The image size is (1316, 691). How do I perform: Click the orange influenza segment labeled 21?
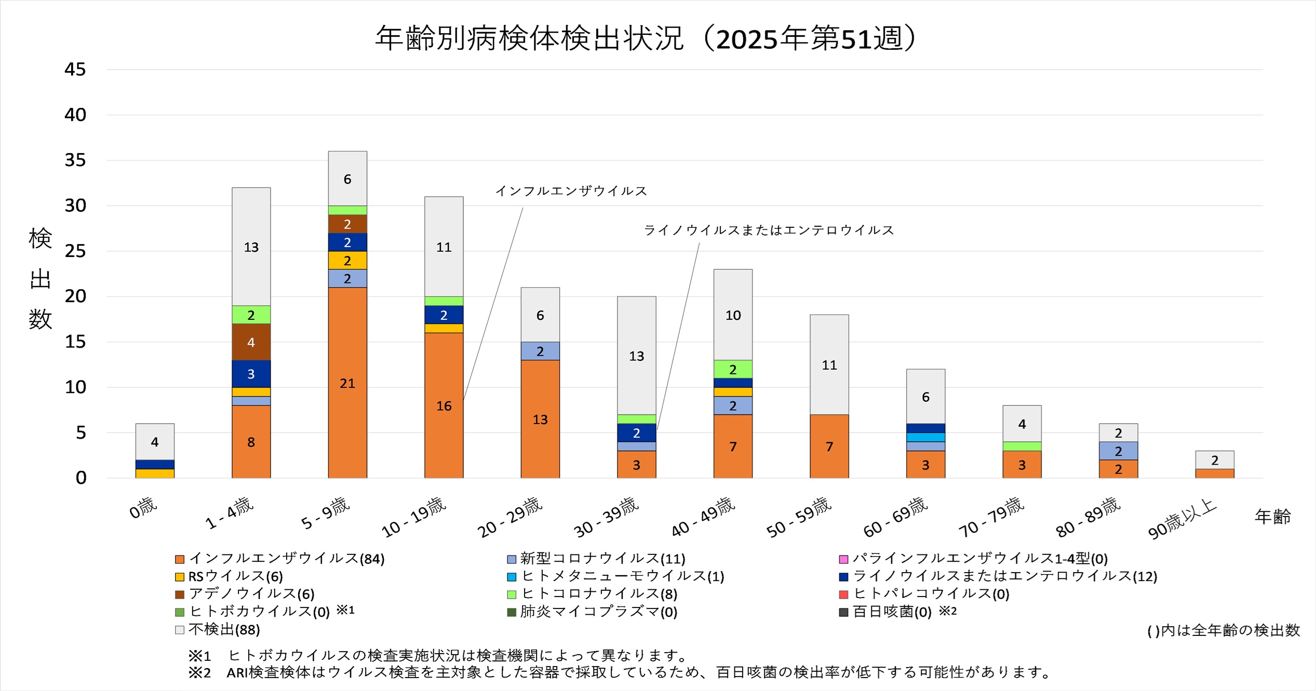[347, 383]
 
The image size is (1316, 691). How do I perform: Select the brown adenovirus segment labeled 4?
[251, 342]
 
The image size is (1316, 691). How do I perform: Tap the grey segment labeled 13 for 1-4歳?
[251, 247]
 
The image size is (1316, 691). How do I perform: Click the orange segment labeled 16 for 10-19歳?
[444, 405]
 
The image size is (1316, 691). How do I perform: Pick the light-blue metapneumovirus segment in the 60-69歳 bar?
[925, 437]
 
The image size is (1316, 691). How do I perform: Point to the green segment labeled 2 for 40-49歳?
[733, 369]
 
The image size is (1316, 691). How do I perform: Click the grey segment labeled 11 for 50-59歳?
[829, 364]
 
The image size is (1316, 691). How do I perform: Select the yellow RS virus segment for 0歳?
[155, 473]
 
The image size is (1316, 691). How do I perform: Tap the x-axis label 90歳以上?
[1182, 519]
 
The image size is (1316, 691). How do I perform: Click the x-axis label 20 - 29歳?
[510, 517]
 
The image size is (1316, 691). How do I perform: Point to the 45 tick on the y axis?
[75, 70]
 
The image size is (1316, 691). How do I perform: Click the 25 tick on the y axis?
[75, 251]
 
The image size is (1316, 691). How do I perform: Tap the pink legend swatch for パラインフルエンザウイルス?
[844, 559]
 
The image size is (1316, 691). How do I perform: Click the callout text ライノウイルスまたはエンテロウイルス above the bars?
[769, 230]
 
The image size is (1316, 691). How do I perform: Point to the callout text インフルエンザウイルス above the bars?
[571, 191]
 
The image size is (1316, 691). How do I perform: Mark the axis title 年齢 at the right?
[1272, 517]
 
